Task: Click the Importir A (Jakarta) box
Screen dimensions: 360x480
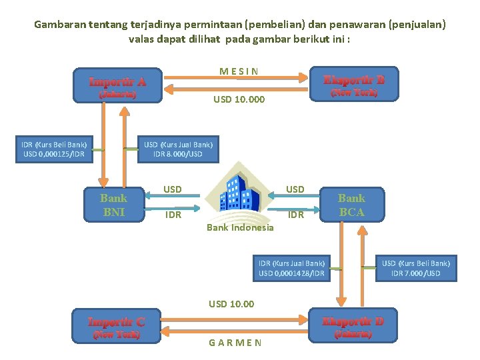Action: coord(118,85)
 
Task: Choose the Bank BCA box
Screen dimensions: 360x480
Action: coord(351,205)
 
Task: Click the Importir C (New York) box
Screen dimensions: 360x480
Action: coord(117,326)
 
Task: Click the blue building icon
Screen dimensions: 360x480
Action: coord(240,193)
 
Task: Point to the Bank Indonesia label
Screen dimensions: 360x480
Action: coord(240,228)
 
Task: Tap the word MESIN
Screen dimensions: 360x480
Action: coord(239,71)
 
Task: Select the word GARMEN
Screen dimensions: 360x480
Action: coord(235,343)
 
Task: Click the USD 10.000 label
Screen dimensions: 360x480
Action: coord(239,99)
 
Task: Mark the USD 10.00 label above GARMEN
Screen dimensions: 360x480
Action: coord(231,304)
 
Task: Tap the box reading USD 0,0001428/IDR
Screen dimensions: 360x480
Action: coord(292,269)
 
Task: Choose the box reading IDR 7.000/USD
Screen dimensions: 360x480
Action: coord(416,269)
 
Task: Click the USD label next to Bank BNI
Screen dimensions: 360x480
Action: coord(173,189)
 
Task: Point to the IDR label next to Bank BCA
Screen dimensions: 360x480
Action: coord(295,215)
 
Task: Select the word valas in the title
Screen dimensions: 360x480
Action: coord(142,39)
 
